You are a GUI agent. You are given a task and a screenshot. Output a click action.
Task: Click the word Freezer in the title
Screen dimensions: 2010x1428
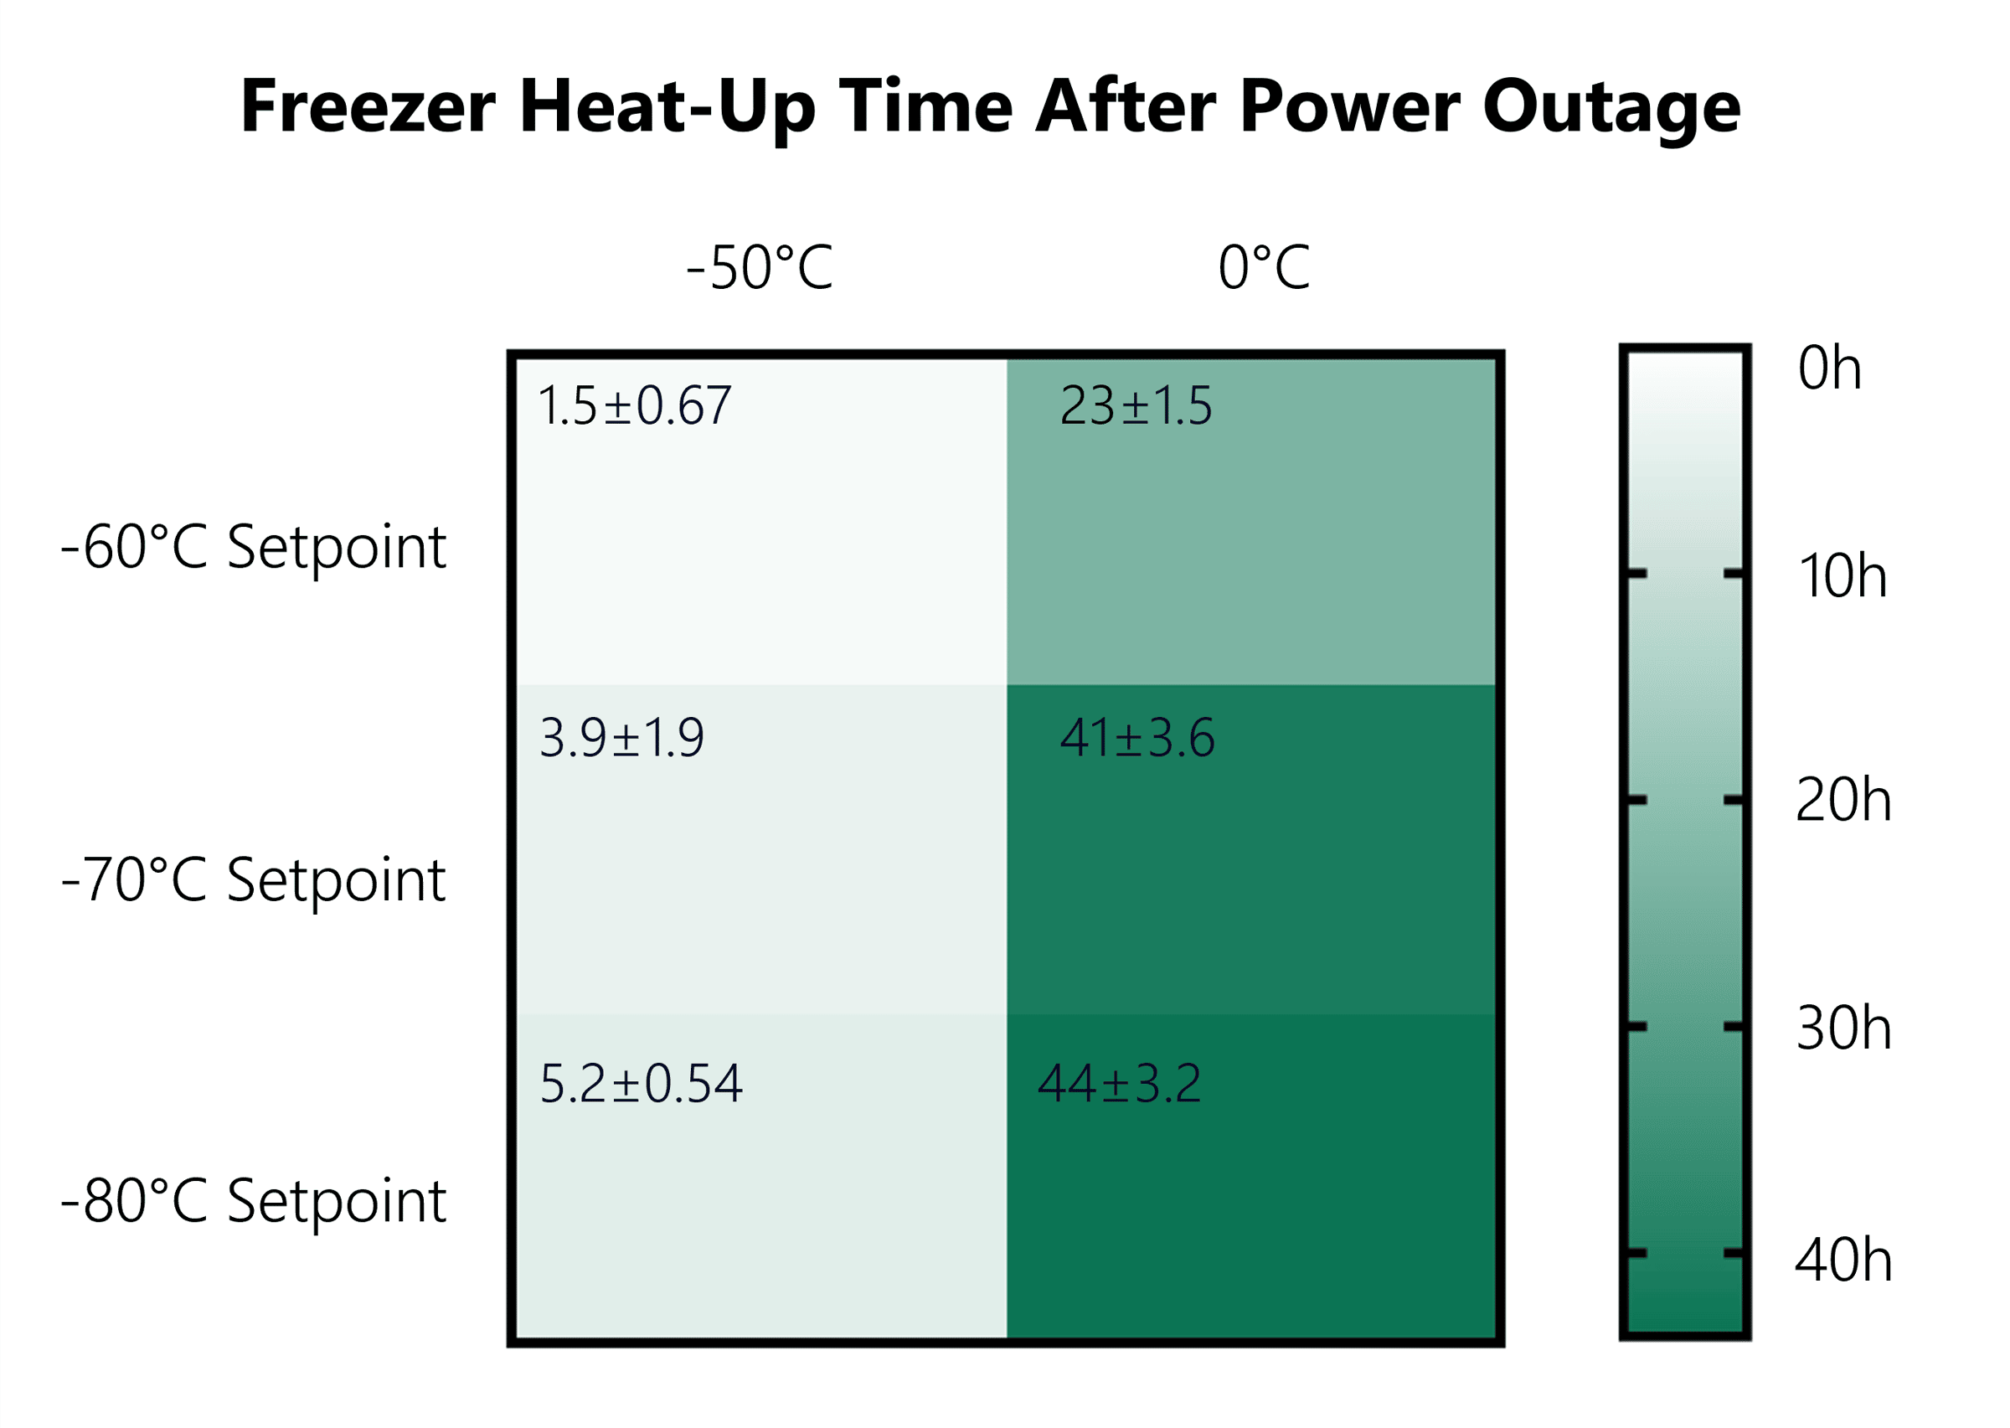(368, 106)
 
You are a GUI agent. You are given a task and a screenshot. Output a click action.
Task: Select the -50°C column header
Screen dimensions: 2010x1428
(760, 267)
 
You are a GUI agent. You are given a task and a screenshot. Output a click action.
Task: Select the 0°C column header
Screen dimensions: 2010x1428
(1265, 267)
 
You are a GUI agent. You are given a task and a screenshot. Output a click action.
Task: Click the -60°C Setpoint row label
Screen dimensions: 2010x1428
(254, 548)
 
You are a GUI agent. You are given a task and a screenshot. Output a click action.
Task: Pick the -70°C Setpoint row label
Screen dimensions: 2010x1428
(254, 880)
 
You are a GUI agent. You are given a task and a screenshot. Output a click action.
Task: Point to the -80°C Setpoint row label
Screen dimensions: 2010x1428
(254, 1202)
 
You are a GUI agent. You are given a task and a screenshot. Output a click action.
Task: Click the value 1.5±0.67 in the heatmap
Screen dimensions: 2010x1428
(634, 405)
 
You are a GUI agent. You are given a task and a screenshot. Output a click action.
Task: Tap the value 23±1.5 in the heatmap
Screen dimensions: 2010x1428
(1136, 405)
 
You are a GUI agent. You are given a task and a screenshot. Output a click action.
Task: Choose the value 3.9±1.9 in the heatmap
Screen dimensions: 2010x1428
(621, 738)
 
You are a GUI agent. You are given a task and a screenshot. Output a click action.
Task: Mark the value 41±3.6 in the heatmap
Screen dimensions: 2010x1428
(1136, 738)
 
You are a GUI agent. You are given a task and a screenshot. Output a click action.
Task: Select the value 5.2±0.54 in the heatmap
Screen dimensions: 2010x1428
(641, 1083)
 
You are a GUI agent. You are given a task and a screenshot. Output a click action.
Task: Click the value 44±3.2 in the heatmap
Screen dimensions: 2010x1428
(1118, 1083)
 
